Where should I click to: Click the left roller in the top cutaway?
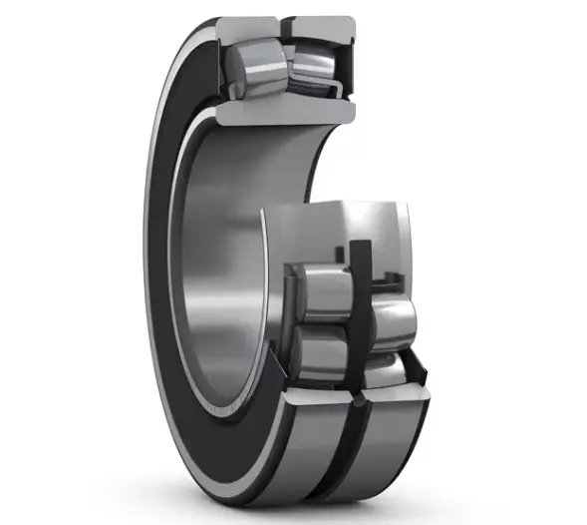[x=254, y=64]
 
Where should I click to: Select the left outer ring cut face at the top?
[x=245, y=29]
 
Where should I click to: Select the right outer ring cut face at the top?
[x=319, y=28]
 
